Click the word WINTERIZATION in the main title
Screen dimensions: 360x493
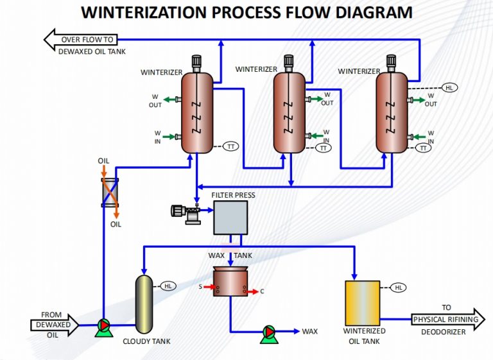click(135, 13)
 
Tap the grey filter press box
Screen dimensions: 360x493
click(230, 217)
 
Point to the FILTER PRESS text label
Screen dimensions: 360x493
click(233, 194)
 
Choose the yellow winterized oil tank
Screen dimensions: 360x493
click(363, 302)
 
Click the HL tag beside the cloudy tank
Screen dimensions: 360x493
click(168, 286)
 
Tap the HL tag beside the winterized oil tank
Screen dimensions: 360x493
click(398, 287)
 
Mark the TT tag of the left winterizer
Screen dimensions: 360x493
click(230, 147)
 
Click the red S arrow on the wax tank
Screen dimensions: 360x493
click(207, 287)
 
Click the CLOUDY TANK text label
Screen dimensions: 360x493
click(146, 341)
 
